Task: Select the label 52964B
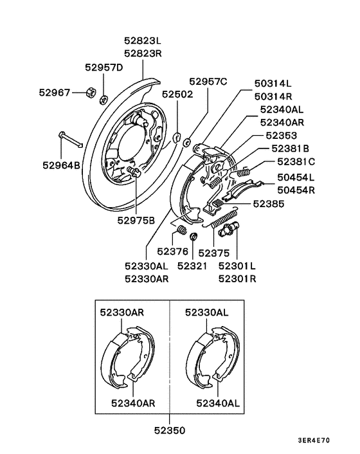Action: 62,165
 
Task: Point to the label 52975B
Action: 136,221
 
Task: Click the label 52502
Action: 177,94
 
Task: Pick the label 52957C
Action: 208,82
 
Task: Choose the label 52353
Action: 282,136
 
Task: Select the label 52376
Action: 172,251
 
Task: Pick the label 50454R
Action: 296,190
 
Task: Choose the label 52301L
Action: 237,265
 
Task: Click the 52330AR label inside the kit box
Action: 122,312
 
